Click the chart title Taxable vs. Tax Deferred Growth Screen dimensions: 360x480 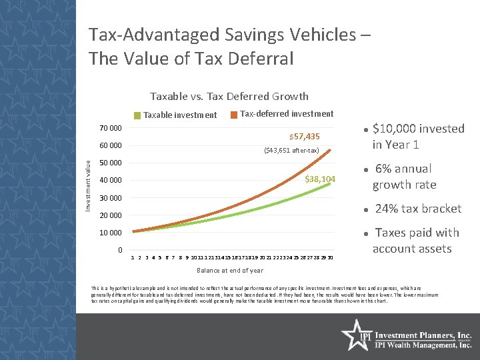[229, 97]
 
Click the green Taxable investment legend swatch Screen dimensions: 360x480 [137, 115]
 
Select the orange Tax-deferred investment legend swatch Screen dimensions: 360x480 [233, 115]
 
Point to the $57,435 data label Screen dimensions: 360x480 [304, 137]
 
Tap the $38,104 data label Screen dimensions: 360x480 [320, 179]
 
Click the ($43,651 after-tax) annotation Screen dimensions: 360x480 [292, 150]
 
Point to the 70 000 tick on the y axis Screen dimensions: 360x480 [110, 128]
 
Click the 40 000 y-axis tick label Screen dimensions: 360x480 [110, 181]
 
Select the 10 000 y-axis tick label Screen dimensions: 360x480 [110, 233]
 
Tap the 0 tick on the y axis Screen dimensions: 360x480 [119, 250]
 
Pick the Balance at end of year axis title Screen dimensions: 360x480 [229, 271]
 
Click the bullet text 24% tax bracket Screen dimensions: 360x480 [418, 209]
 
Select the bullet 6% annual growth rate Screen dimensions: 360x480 [404, 177]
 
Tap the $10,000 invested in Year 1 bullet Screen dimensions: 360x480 [418, 137]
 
